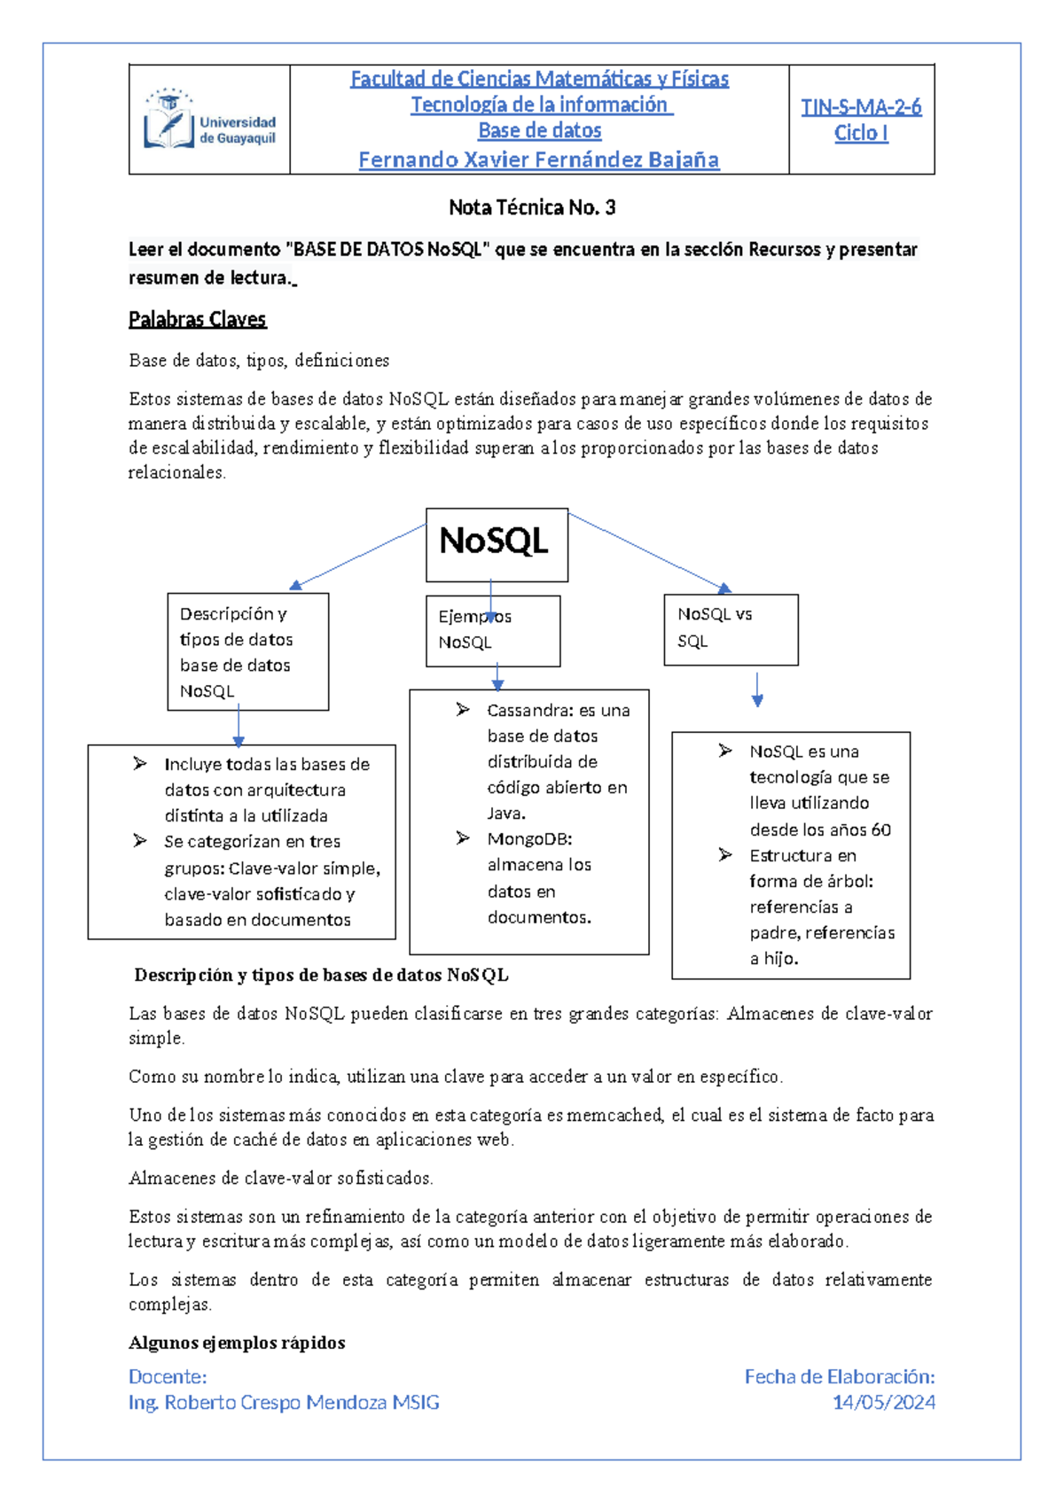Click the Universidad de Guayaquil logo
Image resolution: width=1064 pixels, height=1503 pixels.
click(209, 120)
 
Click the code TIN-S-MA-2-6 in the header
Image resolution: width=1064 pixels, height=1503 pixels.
click(860, 107)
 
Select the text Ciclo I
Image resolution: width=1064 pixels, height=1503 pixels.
click(860, 134)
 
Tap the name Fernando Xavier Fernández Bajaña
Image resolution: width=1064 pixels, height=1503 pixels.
click(538, 160)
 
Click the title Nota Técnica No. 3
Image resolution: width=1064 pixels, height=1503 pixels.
click(532, 207)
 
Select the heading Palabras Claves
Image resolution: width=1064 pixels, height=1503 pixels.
click(197, 319)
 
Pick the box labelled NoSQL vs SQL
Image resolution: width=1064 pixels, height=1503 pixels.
click(731, 629)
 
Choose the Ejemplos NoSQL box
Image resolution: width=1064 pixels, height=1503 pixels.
click(492, 631)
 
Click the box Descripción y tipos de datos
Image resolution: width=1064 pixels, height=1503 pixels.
click(247, 651)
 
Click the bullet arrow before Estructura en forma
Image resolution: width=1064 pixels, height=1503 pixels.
click(725, 855)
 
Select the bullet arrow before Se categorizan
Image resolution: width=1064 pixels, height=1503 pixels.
click(140, 841)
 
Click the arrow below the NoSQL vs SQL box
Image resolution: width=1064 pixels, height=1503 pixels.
click(757, 689)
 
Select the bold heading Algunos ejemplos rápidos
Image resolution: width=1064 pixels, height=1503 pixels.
click(237, 1343)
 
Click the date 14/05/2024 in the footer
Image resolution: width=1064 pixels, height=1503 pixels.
click(883, 1403)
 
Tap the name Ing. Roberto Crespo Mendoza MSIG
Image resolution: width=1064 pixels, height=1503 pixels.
click(284, 1403)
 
